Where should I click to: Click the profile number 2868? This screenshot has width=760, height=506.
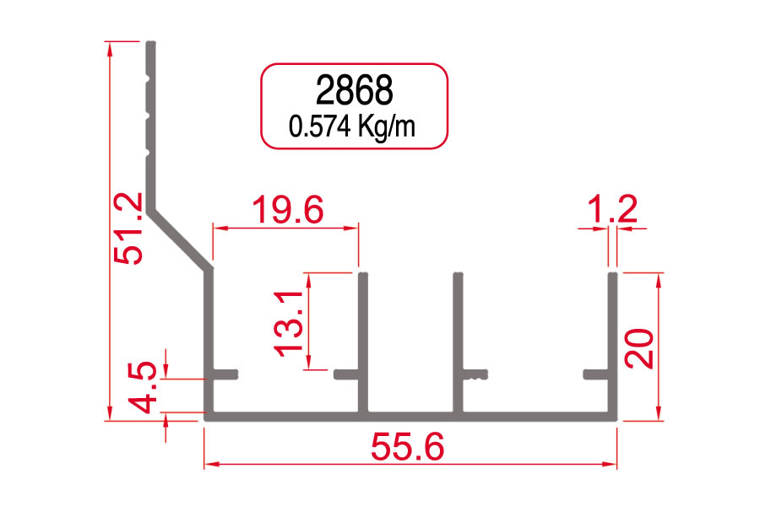pos(354,90)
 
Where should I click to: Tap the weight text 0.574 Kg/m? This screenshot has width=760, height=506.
pos(352,126)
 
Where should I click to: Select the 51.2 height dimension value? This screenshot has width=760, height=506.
pos(129,229)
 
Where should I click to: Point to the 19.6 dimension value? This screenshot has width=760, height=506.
pos(287,209)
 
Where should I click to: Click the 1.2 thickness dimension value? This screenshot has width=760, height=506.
pos(611,208)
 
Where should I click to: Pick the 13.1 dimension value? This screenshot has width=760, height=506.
pos(289,324)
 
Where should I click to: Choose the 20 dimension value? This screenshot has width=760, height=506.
pos(639,348)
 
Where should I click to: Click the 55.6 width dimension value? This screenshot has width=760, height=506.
pos(407,447)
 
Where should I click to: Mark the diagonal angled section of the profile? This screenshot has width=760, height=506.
pos(179,239)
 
